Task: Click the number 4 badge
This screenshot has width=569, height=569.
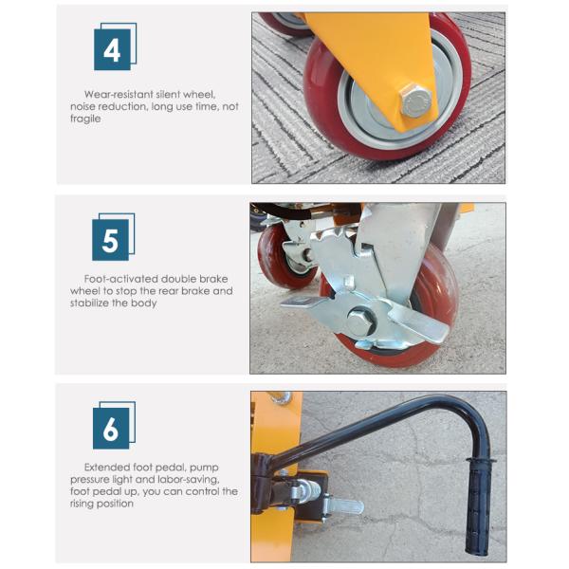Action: (x=115, y=46)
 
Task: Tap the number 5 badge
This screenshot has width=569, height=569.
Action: (x=113, y=236)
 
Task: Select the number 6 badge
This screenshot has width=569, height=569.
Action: (x=114, y=425)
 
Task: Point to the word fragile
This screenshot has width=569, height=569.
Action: (x=85, y=119)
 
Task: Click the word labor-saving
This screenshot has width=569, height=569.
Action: (x=188, y=480)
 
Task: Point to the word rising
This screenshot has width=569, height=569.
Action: (x=83, y=504)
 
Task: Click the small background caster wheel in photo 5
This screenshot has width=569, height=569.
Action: (x=282, y=257)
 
